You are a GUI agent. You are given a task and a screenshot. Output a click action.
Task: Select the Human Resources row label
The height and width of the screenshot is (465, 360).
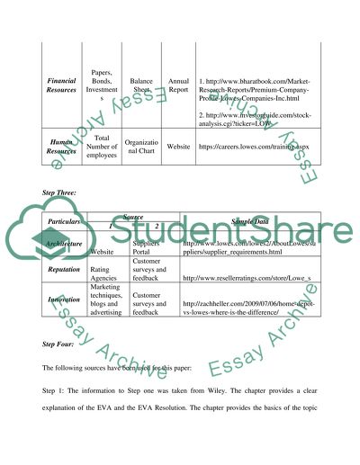coord(61,145)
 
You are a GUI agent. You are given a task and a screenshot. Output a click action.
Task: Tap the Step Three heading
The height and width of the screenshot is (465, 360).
coord(61,192)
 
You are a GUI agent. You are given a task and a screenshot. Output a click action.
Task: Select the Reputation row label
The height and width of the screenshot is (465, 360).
coord(62,267)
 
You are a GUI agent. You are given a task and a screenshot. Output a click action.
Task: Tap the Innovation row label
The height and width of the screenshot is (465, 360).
coord(62,300)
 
